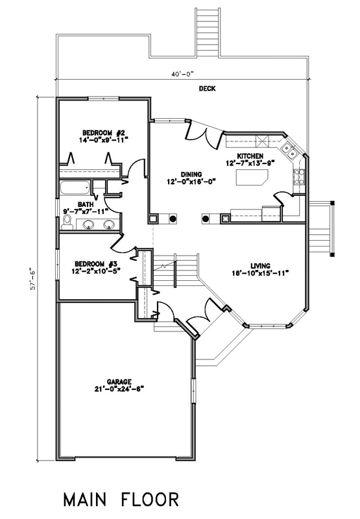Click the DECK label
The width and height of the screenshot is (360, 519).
pyautogui.click(x=207, y=88)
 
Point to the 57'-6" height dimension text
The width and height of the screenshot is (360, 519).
pyautogui.click(x=32, y=279)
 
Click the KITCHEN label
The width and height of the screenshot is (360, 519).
pyautogui.click(x=250, y=156)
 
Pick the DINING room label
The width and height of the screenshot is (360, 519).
pyautogui.click(x=191, y=175)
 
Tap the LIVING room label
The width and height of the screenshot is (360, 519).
pyautogui.click(x=260, y=266)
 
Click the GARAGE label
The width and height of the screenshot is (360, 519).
pyautogui.click(x=119, y=381)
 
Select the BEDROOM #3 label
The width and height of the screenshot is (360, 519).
pyautogui.click(x=96, y=264)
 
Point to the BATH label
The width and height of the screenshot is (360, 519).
pyautogui.click(x=86, y=204)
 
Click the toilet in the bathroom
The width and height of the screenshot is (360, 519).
pyautogui.click(x=67, y=223)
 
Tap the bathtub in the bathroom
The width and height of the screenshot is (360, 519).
pyautogui.click(x=75, y=188)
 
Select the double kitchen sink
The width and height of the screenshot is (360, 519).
pyautogui.click(x=289, y=150)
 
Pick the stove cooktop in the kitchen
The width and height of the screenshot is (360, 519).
pyautogui.click(x=298, y=176)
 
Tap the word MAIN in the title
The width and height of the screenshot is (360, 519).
pyautogui.click(x=84, y=500)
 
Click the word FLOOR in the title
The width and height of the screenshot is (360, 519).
pyautogui.click(x=150, y=500)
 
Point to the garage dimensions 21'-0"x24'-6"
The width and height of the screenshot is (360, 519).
pyautogui.click(x=119, y=389)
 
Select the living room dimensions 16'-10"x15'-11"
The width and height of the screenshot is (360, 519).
pyautogui.click(x=260, y=272)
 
